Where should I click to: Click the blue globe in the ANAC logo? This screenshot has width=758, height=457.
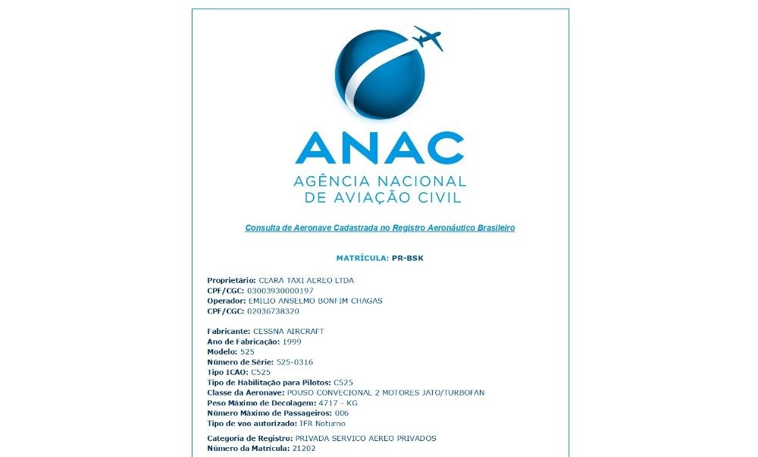click(379, 74)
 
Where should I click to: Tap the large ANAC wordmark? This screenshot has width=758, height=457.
click(379, 148)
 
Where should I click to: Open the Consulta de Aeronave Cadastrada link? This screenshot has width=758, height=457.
click(380, 228)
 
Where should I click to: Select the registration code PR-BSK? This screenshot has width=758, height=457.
click(408, 258)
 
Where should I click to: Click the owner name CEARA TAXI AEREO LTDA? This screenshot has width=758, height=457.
click(306, 280)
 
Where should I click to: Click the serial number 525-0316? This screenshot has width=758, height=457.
click(295, 362)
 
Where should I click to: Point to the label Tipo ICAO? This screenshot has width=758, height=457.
click(227, 373)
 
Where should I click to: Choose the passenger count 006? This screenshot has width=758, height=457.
click(342, 413)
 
